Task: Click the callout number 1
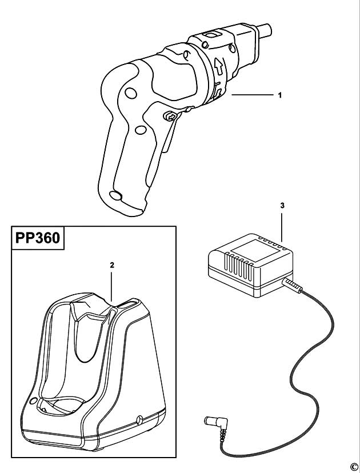[280, 95]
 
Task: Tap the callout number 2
[112, 266]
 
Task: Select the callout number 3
[282, 206]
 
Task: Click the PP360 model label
[38, 238]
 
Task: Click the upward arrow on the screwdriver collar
[219, 67]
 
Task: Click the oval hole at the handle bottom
[115, 195]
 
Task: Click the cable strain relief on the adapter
[292, 286]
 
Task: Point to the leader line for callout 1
[252, 95]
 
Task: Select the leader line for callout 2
[111, 287]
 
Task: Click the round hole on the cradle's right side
[139, 420]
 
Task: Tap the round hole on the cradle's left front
[33, 401]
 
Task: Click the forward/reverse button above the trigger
[170, 116]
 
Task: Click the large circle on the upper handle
[131, 93]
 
